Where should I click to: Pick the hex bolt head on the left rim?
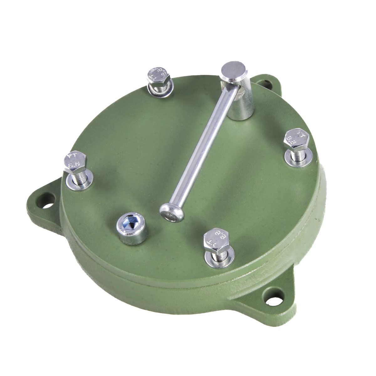75,162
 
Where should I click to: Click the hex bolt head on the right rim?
296,139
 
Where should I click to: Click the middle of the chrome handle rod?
201,150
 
